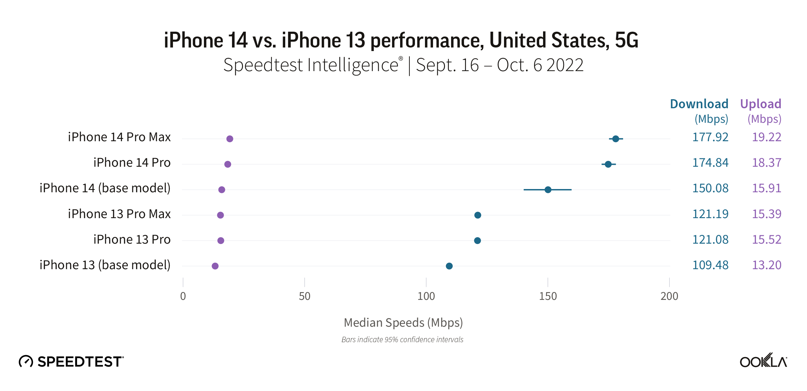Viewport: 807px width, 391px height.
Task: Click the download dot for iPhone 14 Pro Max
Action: coord(616,139)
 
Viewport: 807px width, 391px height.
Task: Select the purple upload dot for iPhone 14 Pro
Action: coord(228,164)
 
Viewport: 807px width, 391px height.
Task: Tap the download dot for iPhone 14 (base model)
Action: coord(548,190)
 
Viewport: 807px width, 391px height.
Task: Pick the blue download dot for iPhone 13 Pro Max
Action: coord(478,215)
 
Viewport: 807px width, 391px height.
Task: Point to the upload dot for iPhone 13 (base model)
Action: coord(215,266)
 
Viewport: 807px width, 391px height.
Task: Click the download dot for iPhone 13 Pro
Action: coord(478,240)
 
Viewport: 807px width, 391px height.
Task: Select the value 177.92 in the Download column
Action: coord(710,137)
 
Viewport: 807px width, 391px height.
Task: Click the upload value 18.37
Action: coord(766,163)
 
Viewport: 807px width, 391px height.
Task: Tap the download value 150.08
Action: coord(710,188)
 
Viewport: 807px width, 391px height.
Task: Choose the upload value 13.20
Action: coord(766,265)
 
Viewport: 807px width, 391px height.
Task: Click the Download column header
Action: coord(699,104)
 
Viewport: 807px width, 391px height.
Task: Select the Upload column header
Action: coord(761,104)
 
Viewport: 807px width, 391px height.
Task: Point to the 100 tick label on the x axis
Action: coord(426,296)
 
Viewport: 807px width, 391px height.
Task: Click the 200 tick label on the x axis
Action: coord(669,296)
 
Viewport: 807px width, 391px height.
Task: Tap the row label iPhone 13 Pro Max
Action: coord(119,214)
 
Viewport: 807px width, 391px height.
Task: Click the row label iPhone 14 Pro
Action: coord(132,163)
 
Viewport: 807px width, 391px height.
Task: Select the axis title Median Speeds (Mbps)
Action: coord(403,323)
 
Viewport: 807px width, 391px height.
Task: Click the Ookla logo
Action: coord(763,361)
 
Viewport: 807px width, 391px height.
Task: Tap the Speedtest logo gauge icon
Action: coord(26,361)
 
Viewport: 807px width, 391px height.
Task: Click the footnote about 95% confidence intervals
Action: coord(402,340)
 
